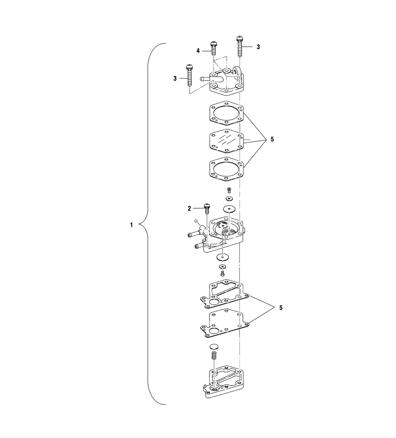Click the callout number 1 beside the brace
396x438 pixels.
coord(131,225)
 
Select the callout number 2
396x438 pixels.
coord(190,207)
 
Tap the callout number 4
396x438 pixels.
coord(198,50)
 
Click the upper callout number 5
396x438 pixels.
coord(272,140)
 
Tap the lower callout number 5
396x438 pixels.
coord(281,308)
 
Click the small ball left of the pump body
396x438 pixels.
coord(196,221)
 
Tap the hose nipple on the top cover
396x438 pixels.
coord(205,79)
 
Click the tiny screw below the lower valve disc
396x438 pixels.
coord(222,273)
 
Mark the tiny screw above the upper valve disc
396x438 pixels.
coord(229,191)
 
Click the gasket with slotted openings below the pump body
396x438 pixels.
coord(224,294)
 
